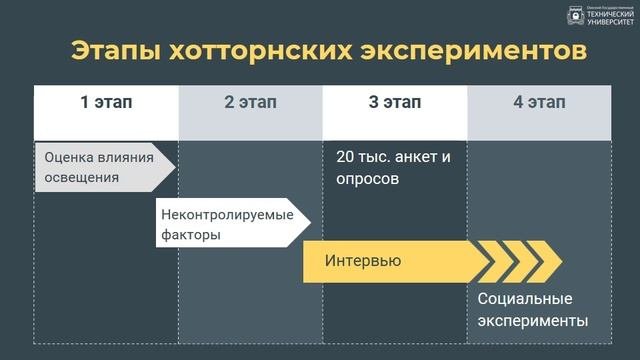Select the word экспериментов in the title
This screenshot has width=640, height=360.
pos(469,51)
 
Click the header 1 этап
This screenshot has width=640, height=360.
pos(106,102)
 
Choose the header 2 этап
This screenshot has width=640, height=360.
pos(250,102)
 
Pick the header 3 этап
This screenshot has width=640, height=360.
pos(394,102)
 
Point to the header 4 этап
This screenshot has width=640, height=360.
pos(539,102)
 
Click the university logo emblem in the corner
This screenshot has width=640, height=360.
pos(576,17)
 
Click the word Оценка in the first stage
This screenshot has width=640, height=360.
pos(71,157)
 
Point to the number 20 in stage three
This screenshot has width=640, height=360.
pos(345,157)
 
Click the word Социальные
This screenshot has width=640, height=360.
pos(525,299)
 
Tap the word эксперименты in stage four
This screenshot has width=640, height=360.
pos(532,321)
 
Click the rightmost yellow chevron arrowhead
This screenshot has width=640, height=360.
pos(545,261)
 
